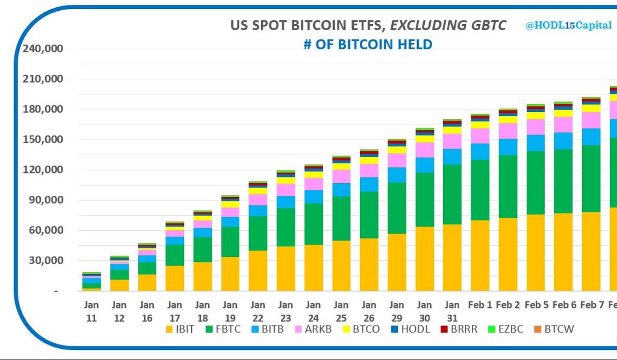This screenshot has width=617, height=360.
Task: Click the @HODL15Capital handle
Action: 568,26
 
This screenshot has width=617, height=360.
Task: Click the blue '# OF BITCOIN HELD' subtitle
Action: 367,45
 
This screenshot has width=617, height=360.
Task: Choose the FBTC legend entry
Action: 226,329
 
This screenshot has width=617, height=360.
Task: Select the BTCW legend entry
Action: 553,329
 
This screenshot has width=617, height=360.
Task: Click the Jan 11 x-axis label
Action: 91,311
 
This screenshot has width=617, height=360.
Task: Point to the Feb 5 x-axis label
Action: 535,305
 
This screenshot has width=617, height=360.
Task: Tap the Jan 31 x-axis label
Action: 452,311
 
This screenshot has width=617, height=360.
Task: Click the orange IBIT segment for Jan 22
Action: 258,271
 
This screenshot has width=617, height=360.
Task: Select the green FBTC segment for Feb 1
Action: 480,190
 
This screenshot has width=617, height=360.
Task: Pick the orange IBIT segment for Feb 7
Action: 591,251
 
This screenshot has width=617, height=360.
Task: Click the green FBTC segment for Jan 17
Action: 175,255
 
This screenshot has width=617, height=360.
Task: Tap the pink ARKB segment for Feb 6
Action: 563,124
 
